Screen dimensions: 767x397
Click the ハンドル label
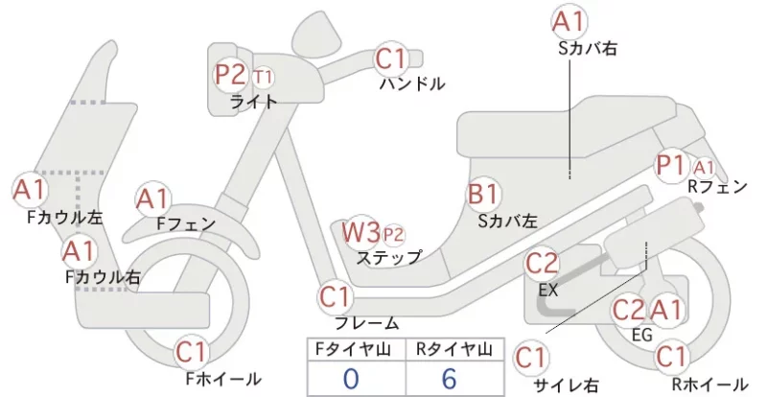413,83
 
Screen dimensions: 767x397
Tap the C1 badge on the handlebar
392,58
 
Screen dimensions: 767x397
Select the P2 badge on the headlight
231,75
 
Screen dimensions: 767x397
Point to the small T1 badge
263,78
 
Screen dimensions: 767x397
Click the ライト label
253,102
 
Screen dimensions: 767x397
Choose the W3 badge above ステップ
360,232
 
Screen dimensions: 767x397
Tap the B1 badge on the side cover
483,194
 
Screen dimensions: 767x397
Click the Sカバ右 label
587,49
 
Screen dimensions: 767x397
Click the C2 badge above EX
542,264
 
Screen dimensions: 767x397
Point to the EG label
642,335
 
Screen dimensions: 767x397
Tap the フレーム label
366,323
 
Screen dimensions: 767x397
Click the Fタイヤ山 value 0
351,379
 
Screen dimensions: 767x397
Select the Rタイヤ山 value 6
449,379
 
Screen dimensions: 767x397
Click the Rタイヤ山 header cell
454,349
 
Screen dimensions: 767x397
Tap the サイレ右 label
566,385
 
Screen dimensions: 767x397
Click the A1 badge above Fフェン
152,199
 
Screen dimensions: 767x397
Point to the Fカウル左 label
65,218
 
